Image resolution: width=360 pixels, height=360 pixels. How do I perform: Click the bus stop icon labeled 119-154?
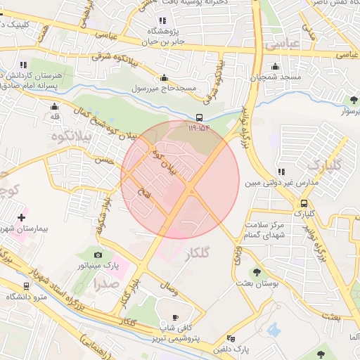tap(200, 117)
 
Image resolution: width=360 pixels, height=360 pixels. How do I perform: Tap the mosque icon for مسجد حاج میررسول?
tap(165, 78)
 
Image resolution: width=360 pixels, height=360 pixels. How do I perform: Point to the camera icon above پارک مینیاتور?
tap(98, 255)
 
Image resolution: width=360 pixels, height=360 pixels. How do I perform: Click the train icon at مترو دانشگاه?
tap(26, 286)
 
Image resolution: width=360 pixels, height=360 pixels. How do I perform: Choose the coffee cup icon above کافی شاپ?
tap(175, 317)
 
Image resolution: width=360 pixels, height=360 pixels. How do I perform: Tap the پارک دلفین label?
tap(232, 349)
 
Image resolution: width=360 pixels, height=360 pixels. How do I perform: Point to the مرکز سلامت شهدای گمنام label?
tap(261, 230)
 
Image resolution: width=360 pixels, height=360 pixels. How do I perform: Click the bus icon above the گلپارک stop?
tap(300, 201)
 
